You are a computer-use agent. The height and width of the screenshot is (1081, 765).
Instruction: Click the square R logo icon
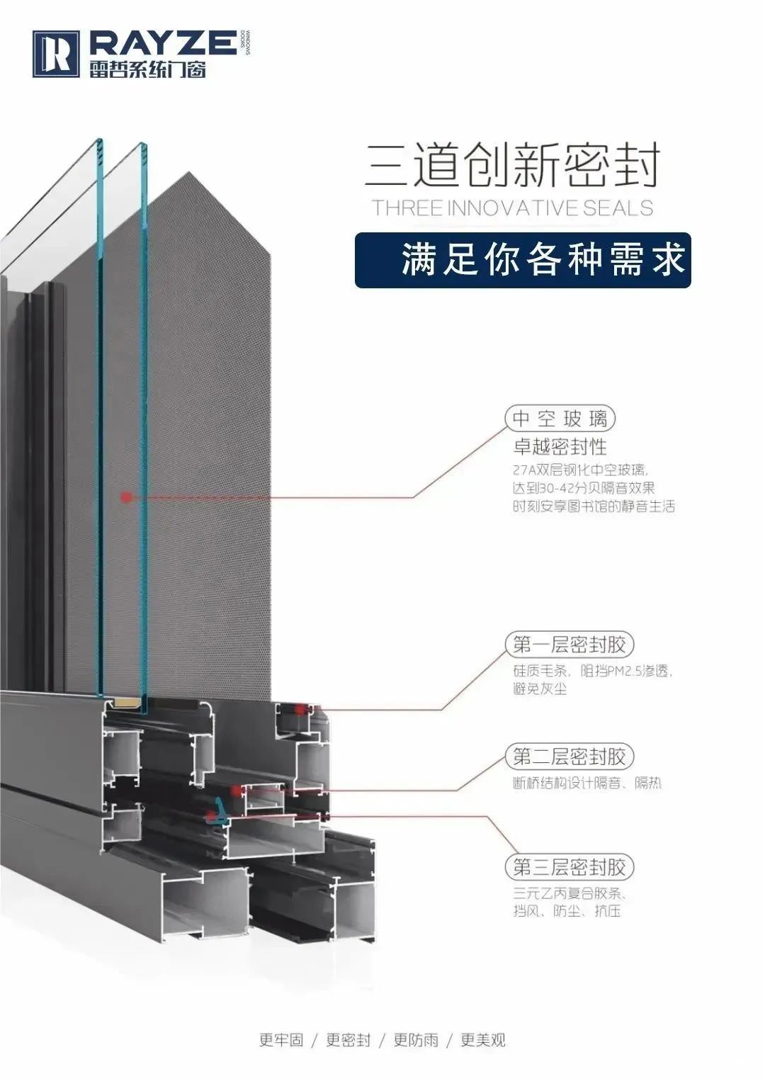(55, 54)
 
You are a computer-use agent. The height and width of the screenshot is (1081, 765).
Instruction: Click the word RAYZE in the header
(163, 43)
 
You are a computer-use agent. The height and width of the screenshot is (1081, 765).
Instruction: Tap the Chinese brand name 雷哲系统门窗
(147, 69)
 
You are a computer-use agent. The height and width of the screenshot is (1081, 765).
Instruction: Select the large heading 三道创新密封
(512, 166)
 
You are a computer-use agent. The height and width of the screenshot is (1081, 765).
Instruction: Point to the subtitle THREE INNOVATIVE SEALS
(512, 208)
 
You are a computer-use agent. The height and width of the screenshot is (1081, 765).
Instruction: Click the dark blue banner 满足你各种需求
(523, 260)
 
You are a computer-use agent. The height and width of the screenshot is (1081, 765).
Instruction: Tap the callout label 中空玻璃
(560, 419)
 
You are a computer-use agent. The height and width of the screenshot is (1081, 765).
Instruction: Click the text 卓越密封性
(560, 447)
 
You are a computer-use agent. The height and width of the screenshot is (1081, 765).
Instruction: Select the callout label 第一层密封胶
(569, 645)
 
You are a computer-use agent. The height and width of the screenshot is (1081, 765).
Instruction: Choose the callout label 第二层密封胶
(569, 757)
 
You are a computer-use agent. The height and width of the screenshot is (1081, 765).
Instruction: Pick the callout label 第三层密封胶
(569, 867)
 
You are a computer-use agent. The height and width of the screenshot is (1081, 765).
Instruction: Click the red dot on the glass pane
(126, 497)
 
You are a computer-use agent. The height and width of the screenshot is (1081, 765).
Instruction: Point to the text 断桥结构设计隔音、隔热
(586, 783)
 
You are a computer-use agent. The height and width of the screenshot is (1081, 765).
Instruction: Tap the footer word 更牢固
(281, 1040)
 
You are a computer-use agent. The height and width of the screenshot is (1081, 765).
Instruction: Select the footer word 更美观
(483, 1040)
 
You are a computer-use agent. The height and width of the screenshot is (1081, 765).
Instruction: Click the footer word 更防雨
(416, 1040)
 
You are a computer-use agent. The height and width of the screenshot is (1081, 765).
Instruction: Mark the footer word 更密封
(348, 1040)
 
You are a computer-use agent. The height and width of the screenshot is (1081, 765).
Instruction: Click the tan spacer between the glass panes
(126, 703)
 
